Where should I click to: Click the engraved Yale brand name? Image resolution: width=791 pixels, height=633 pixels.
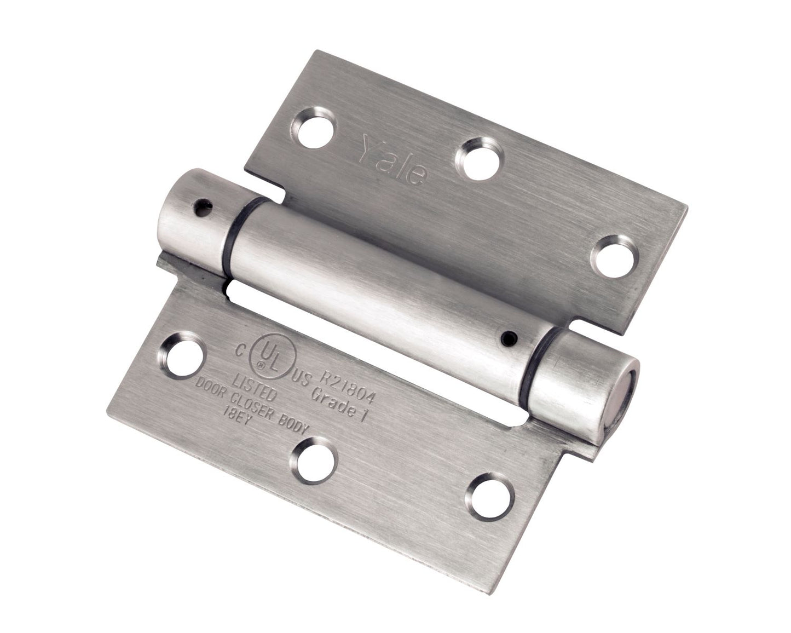[393, 159]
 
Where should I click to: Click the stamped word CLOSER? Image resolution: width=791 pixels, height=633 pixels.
[268, 404]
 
